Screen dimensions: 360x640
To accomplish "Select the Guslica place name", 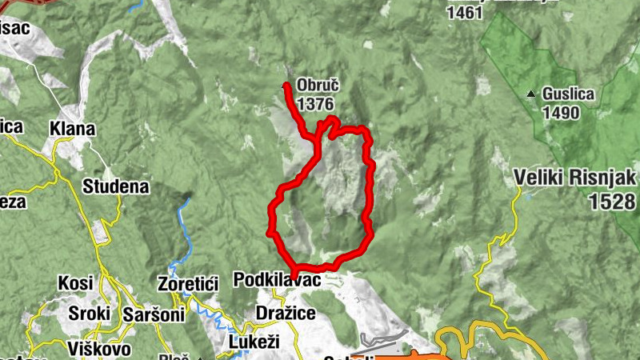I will pyautogui.click(x=568, y=94).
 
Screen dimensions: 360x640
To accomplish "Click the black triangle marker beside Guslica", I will pyautogui.click(x=531, y=94).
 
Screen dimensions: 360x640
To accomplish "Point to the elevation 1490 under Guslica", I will pyautogui.click(x=560, y=112).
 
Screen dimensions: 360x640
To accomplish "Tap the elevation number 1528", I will pyautogui.click(x=612, y=202).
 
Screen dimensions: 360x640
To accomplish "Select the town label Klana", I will pyautogui.click(x=72, y=129).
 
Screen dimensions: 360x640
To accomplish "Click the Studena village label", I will pyautogui.click(x=116, y=187).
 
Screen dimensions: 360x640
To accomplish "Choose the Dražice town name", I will pyautogui.click(x=285, y=313).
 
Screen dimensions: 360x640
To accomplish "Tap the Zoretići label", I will pyautogui.click(x=189, y=284).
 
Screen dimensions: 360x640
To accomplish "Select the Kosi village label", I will pyautogui.click(x=76, y=283).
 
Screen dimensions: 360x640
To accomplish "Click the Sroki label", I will pyautogui.click(x=90, y=313).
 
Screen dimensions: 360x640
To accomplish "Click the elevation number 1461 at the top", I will pyautogui.click(x=466, y=13).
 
